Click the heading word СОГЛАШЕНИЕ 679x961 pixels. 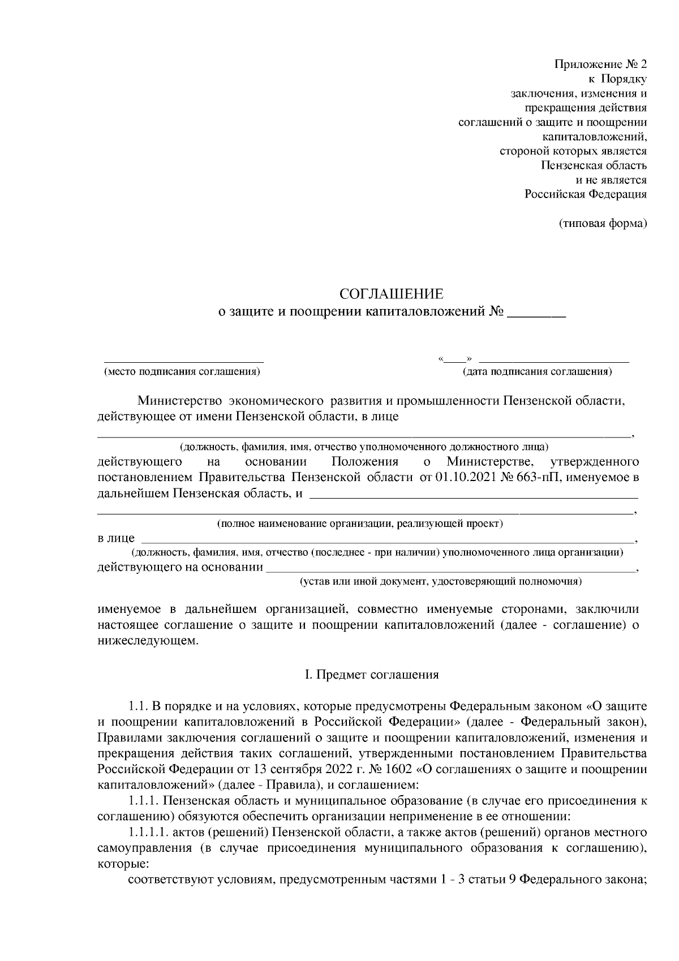[392, 294]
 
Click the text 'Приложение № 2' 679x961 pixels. [601, 63]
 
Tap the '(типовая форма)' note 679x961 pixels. [603, 224]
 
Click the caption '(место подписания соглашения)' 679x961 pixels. [182, 372]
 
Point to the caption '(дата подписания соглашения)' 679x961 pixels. [537, 372]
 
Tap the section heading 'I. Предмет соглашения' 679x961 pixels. [372, 675]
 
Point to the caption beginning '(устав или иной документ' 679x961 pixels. [441, 581]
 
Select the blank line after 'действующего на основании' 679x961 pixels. [450, 569]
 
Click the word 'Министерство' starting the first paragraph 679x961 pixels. [179, 401]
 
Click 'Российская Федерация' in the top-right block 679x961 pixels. [586, 194]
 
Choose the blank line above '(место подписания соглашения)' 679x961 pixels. [183, 361]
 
